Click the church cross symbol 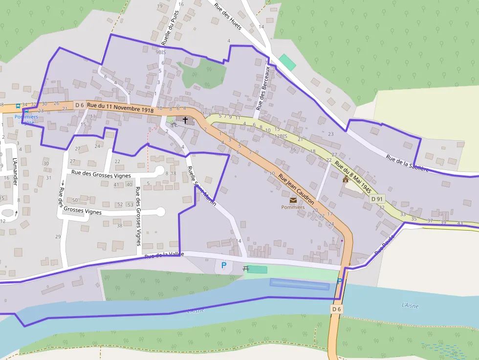[x=185, y=120]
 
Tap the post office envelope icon [x=293, y=200]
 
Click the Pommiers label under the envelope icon [x=293, y=207]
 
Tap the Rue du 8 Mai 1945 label [x=354, y=175]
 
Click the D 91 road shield [x=377, y=199]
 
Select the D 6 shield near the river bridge [x=336, y=309]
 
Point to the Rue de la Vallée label [x=163, y=255]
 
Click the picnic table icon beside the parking [x=246, y=269]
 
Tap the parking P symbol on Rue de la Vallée [x=224, y=265]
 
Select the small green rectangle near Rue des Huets [x=287, y=63]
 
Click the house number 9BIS [x=161, y=52]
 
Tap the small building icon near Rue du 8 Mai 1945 [x=346, y=179]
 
